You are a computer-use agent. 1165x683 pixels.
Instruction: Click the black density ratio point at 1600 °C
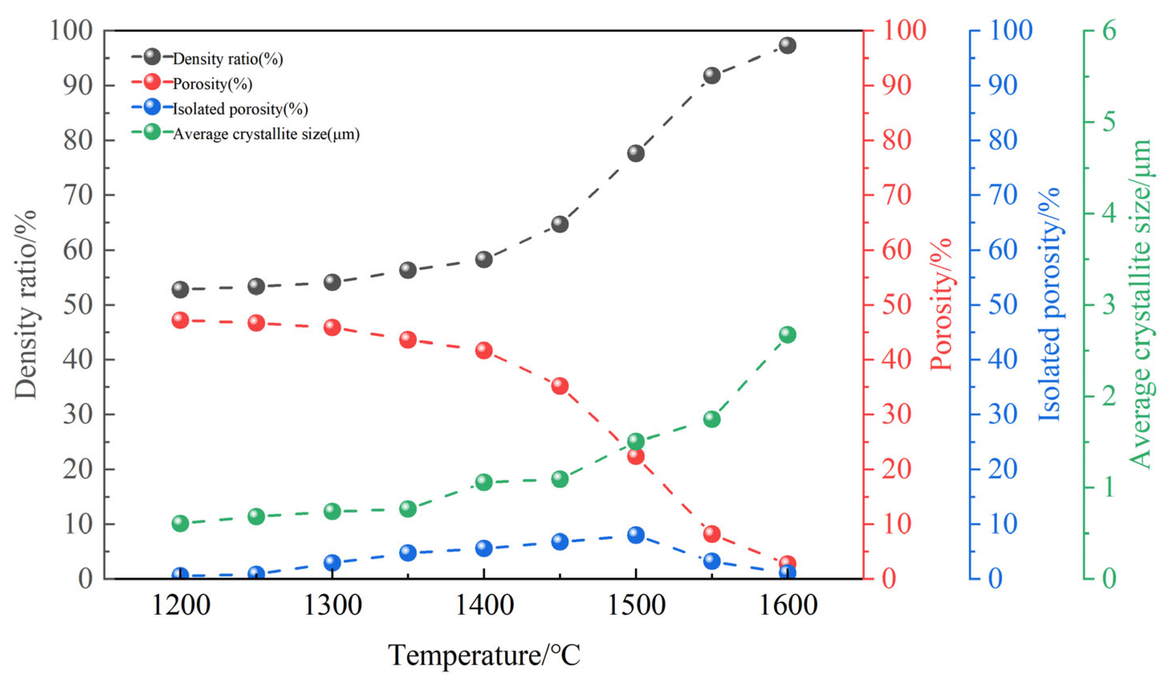click(x=787, y=45)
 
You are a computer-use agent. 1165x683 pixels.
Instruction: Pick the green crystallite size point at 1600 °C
click(x=787, y=335)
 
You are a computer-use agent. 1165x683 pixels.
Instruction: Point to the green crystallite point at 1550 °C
click(x=711, y=419)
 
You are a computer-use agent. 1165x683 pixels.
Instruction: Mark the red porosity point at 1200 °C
click(x=180, y=320)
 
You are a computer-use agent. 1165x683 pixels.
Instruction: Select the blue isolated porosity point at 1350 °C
click(x=408, y=552)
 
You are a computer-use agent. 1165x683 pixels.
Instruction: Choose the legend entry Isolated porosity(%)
click(x=240, y=109)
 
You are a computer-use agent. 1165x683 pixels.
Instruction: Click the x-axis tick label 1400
click(x=484, y=605)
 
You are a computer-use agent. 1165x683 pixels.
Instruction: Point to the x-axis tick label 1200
click(x=181, y=605)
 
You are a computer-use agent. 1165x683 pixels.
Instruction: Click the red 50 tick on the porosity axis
click(x=896, y=305)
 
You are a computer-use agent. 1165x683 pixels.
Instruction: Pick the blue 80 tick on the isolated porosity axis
click(x=1003, y=140)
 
